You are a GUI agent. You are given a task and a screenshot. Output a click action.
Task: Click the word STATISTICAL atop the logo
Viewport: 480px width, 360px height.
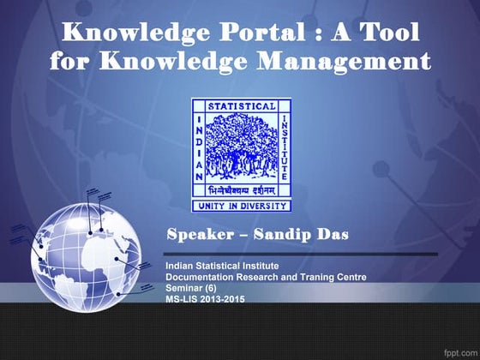coord(242,107)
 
